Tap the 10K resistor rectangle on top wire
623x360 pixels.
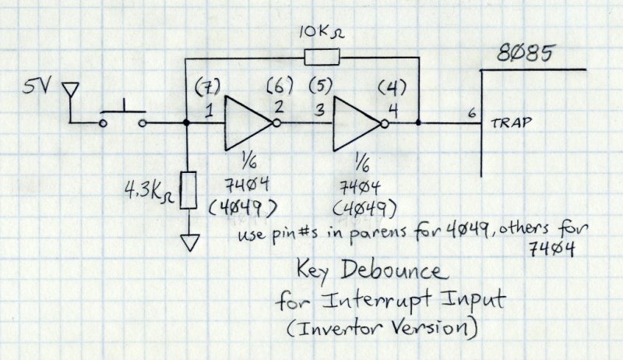[322, 57]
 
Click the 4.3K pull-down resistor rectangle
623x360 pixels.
[187, 189]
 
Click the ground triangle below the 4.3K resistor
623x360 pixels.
[187, 243]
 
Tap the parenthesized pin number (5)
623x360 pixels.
[321, 83]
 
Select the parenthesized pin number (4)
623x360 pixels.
[390, 83]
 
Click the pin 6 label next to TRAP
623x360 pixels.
[471, 113]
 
